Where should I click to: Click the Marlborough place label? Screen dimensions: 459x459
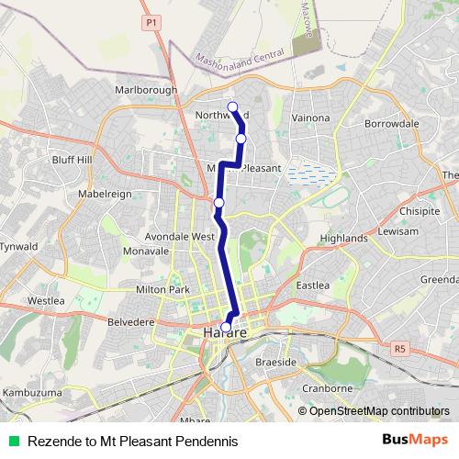[145, 90]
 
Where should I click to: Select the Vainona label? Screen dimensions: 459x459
[309, 118]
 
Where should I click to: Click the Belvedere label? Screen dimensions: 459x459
[133, 322]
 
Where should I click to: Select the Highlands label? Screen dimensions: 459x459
[342, 238]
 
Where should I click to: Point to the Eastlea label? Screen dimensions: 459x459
[312, 285]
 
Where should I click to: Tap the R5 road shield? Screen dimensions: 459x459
[398, 348]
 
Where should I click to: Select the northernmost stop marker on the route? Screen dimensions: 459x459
[232, 106]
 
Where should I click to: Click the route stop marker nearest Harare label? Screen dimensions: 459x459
[227, 324]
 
